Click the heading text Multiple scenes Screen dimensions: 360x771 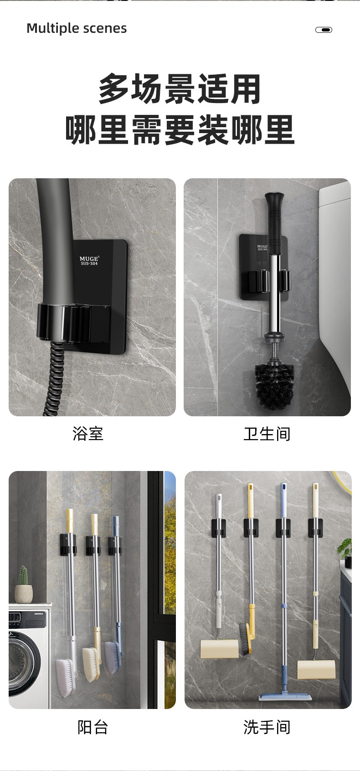point(77,29)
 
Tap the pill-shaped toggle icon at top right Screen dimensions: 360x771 point(324,30)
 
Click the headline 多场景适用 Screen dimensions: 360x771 point(180,89)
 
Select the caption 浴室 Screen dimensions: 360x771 point(88,433)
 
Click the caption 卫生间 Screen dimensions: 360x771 point(267,434)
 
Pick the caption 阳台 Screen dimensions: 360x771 point(93,727)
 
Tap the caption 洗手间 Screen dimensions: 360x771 point(267,727)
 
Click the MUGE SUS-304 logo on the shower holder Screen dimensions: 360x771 point(89,260)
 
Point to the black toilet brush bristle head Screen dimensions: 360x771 point(275,386)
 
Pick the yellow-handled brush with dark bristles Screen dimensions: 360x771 point(247,633)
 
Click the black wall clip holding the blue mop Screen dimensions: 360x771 point(283,528)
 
